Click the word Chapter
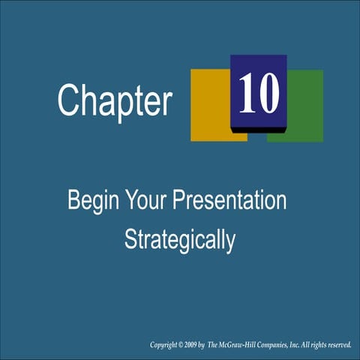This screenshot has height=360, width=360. tap(115, 101)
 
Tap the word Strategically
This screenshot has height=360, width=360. tap(180, 240)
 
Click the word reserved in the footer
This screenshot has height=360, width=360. tap(337, 345)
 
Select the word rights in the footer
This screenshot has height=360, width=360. tap(315, 345)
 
